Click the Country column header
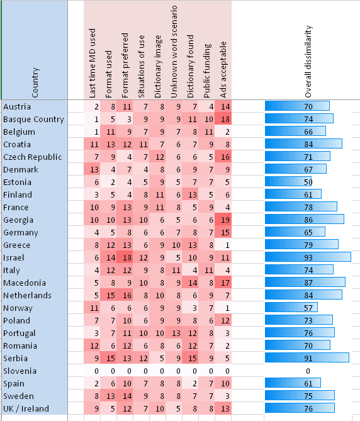[35, 82]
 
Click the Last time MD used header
[93, 63]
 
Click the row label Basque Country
[33, 119]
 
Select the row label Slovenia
[20, 371]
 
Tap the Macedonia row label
[23, 283]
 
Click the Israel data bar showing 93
[308, 257]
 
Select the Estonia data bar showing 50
[290, 182]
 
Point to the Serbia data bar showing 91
[307, 358]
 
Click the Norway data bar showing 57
[292, 308]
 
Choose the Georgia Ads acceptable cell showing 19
[225, 220]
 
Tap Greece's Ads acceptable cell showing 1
[225, 245]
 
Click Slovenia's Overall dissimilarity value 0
[308, 371]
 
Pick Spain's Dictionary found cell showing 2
[192, 383]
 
